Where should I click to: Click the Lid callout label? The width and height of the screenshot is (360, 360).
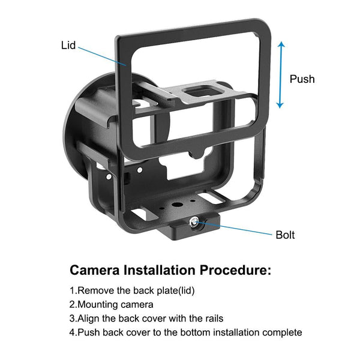[68, 45]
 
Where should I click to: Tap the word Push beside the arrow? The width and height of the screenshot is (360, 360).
[302, 79]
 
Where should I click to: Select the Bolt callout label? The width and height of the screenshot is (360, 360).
[286, 234]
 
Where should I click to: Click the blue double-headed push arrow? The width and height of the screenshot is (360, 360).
[280, 75]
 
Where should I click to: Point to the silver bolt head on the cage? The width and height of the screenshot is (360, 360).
[196, 223]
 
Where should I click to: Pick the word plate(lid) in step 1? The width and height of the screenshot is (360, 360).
[173, 290]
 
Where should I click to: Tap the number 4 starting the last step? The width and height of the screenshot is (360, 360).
[73, 332]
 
